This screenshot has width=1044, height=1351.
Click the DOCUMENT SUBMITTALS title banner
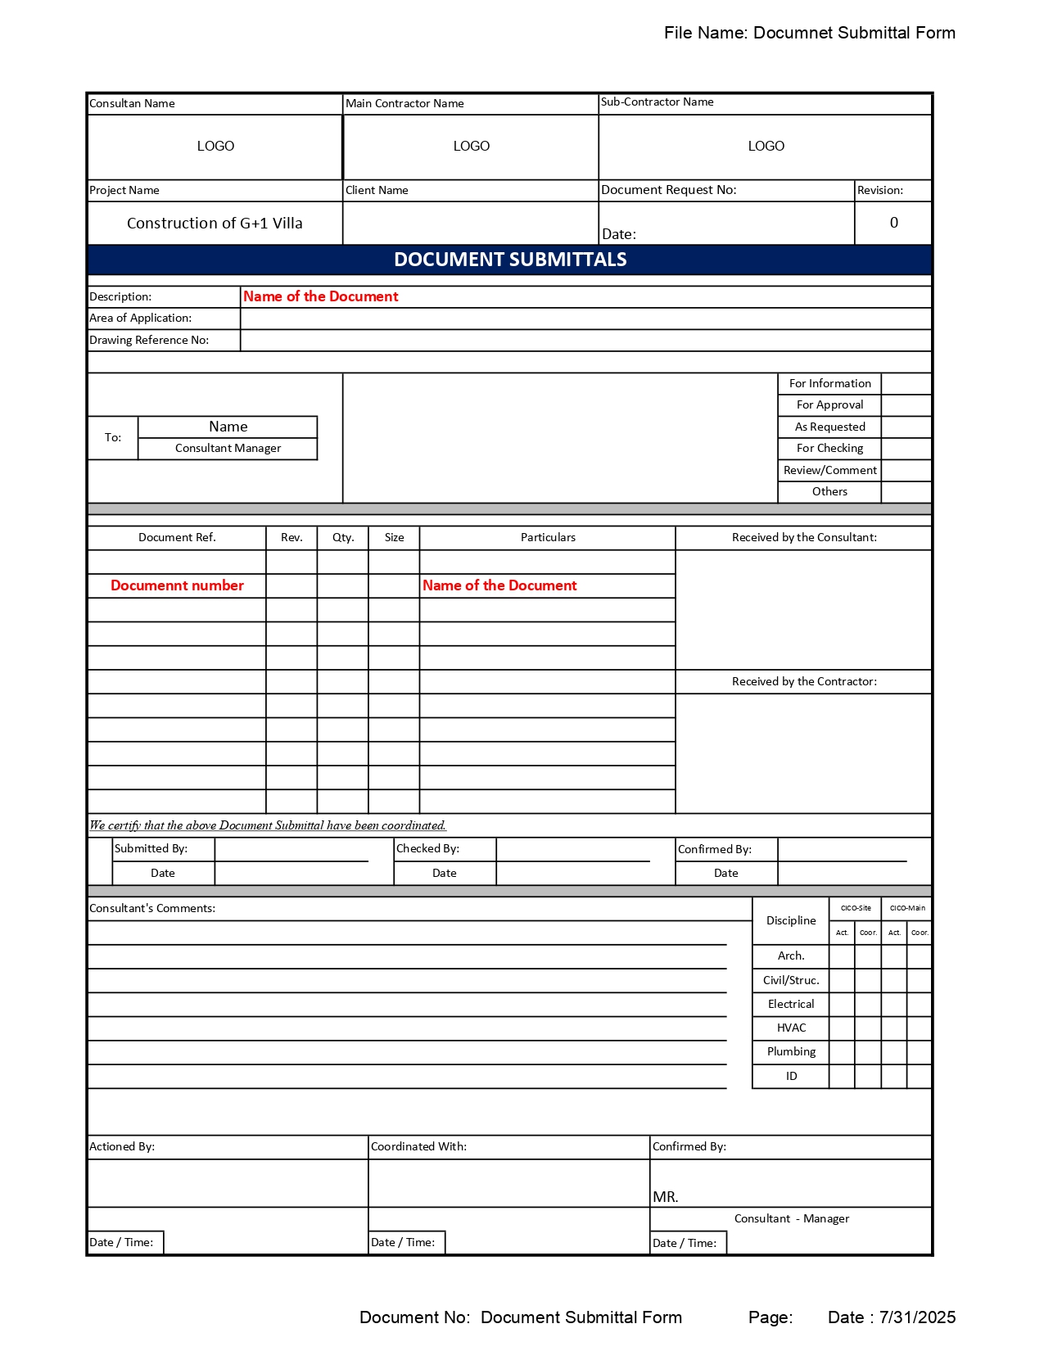click(510, 260)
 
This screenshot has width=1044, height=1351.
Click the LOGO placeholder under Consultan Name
click(215, 147)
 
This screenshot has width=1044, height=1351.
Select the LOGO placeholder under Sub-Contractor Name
click(766, 147)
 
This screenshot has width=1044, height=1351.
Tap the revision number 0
click(893, 223)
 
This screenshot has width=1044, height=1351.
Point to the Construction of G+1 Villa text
click(215, 224)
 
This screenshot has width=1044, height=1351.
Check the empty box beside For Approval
click(906, 405)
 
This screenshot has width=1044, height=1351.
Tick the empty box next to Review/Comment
click(906, 471)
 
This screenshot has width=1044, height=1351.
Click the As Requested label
click(829, 427)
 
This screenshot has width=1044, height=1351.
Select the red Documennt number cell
click(177, 586)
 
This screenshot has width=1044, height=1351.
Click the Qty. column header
click(343, 538)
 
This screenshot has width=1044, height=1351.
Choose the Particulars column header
click(548, 538)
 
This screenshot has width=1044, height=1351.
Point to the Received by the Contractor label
click(803, 682)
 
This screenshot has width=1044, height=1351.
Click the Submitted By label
click(151, 849)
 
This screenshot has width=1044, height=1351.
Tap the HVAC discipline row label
click(791, 1028)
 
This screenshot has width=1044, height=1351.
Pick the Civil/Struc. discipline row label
click(791, 981)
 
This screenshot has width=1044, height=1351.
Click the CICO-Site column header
click(856, 908)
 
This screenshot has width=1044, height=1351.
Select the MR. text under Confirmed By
click(666, 1197)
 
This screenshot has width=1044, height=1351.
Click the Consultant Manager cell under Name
click(228, 449)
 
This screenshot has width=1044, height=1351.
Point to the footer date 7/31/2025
click(917, 1317)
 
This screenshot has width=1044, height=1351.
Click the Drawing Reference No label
click(149, 341)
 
